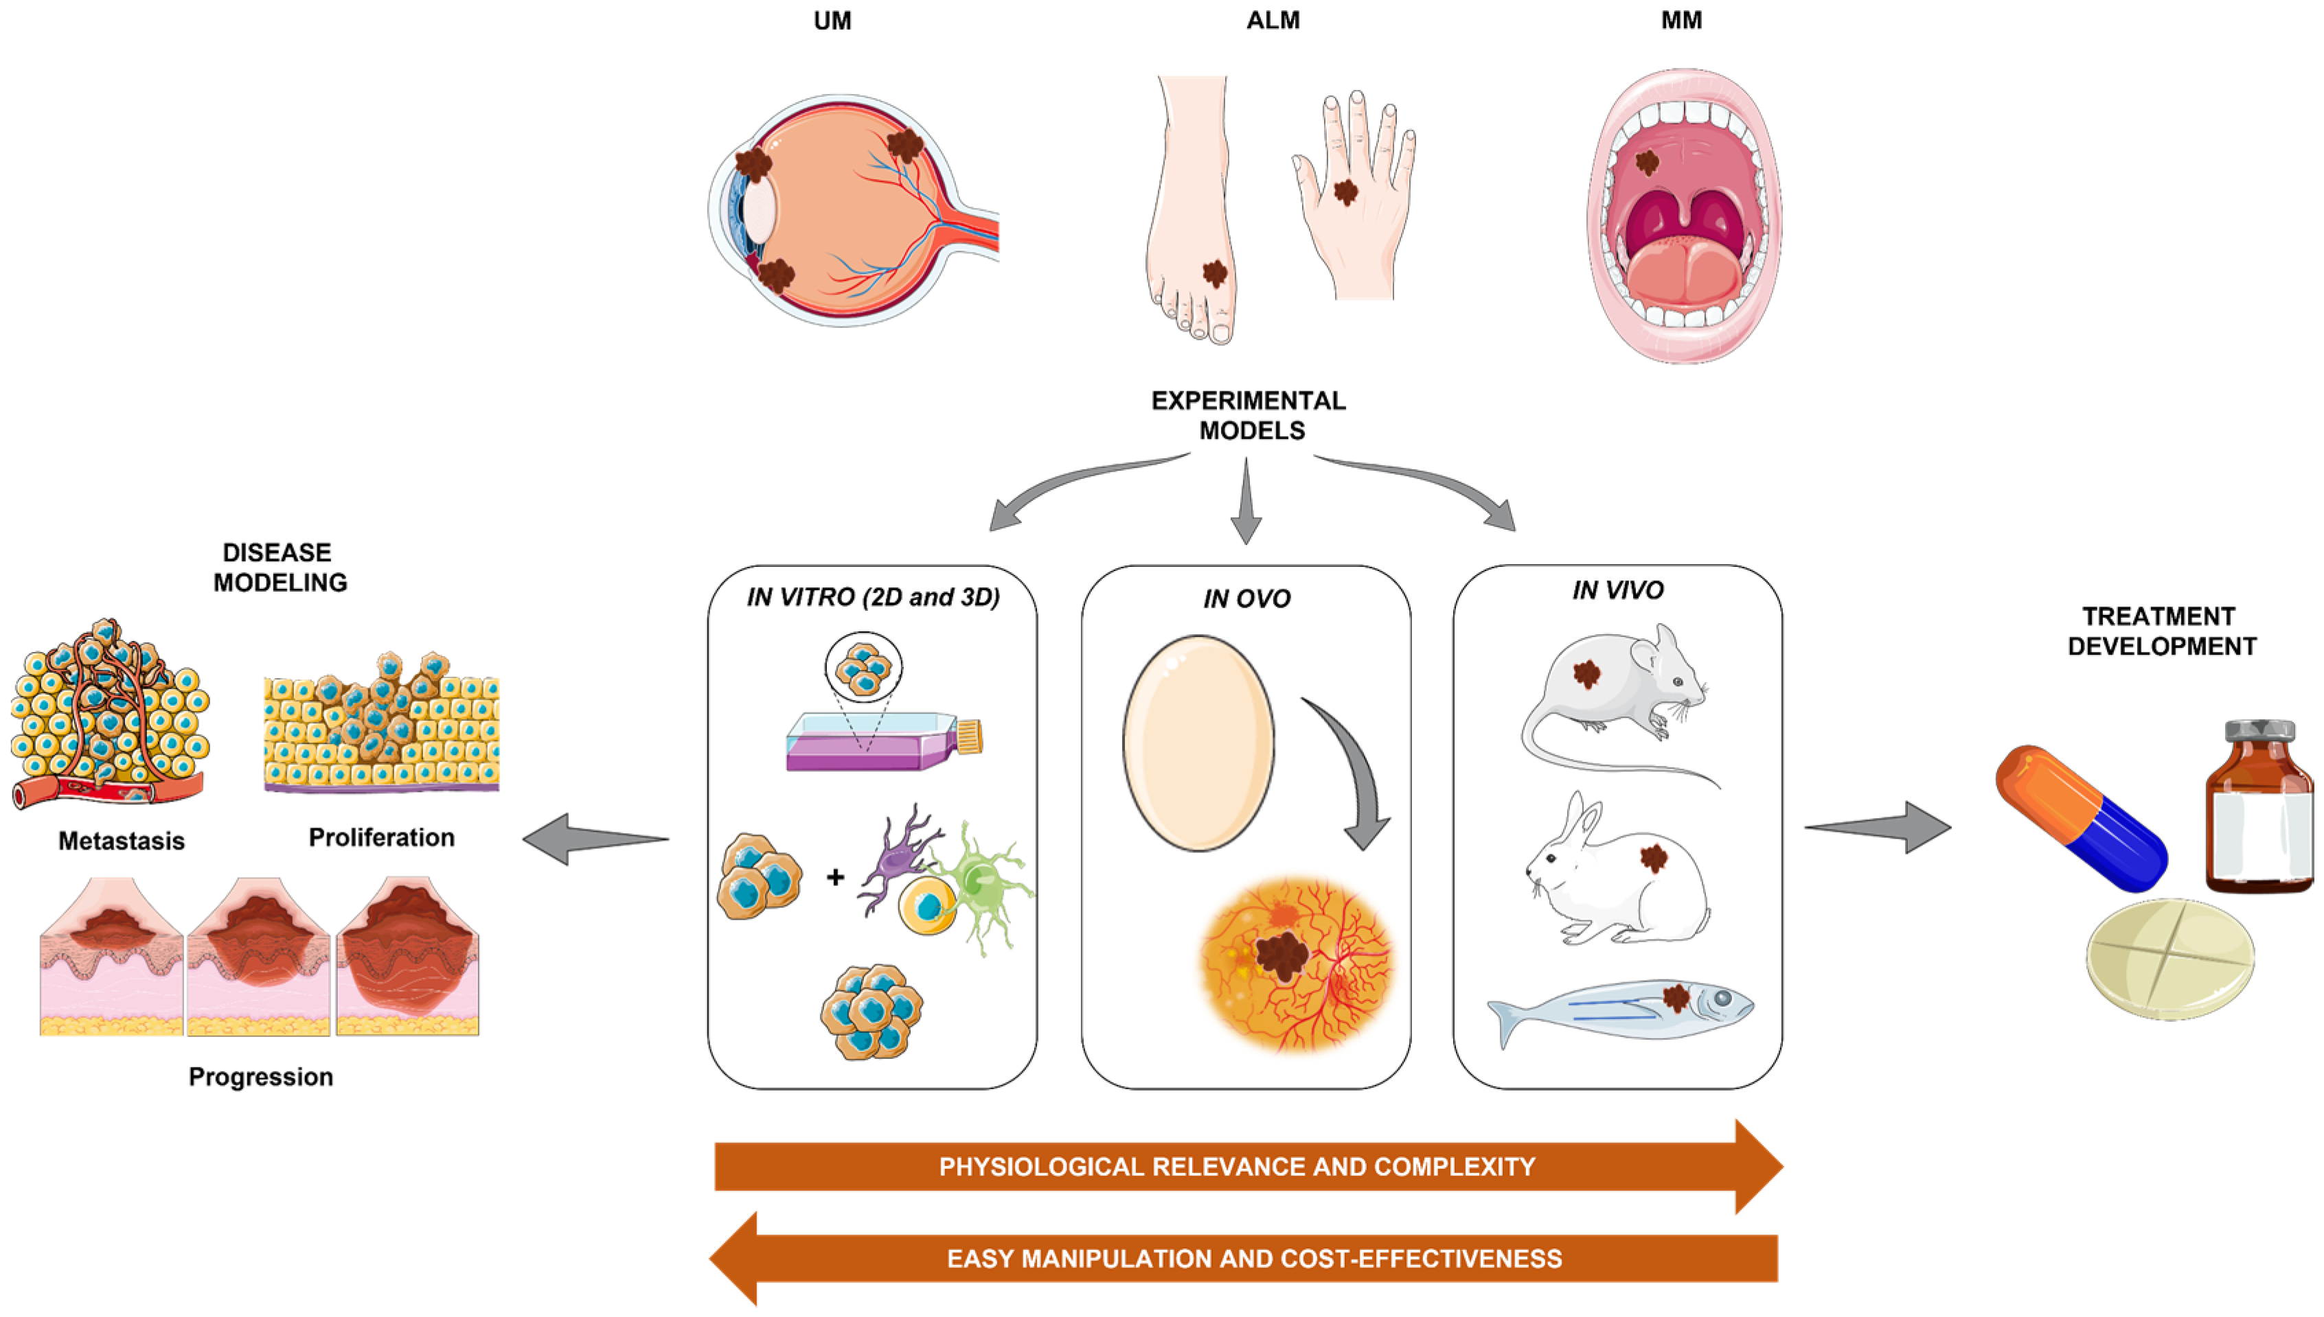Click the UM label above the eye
(x=832, y=21)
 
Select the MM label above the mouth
(x=1681, y=21)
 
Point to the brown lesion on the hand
(x=1346, y=191)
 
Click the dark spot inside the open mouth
(x=1647, y=162)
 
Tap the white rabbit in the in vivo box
(x=1615, y=873)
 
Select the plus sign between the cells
(x=834, y=876)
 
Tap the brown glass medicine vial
(x=2258, y=805)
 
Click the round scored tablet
(x=2169, y=959)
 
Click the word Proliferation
(x=381, y=837)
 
